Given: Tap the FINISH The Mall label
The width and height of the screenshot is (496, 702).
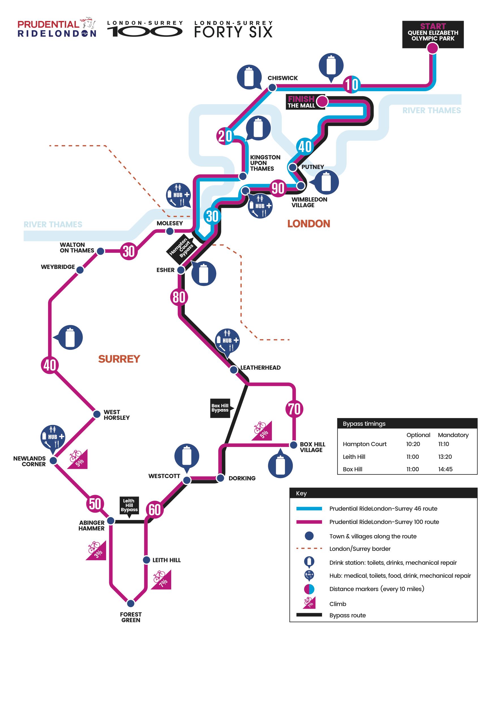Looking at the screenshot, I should pos(302,102).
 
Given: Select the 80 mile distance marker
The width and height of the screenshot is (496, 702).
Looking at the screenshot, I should pos(179,297).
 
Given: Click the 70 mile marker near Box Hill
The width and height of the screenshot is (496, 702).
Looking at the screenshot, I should pos(294,409).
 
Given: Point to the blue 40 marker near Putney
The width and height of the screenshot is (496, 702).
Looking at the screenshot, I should pos(305,146).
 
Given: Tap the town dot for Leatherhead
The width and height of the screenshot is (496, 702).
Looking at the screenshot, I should pos(233,370).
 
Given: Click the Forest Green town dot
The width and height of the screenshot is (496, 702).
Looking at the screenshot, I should pos(130,603).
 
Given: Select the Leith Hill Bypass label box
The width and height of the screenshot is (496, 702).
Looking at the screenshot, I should pos(129,505).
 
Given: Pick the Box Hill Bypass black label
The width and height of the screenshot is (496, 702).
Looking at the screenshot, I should pos(220,408).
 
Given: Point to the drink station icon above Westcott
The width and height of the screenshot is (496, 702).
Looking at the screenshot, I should pos(187,456).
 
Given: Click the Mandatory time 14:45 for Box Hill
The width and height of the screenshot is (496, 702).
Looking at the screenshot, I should pos(445,469).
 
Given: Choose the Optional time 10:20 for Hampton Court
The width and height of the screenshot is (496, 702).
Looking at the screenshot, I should pos(413,444).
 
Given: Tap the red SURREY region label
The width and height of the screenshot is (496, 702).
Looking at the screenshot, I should pos(119,359).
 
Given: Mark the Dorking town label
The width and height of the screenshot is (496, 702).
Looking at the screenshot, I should pos(242,478).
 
